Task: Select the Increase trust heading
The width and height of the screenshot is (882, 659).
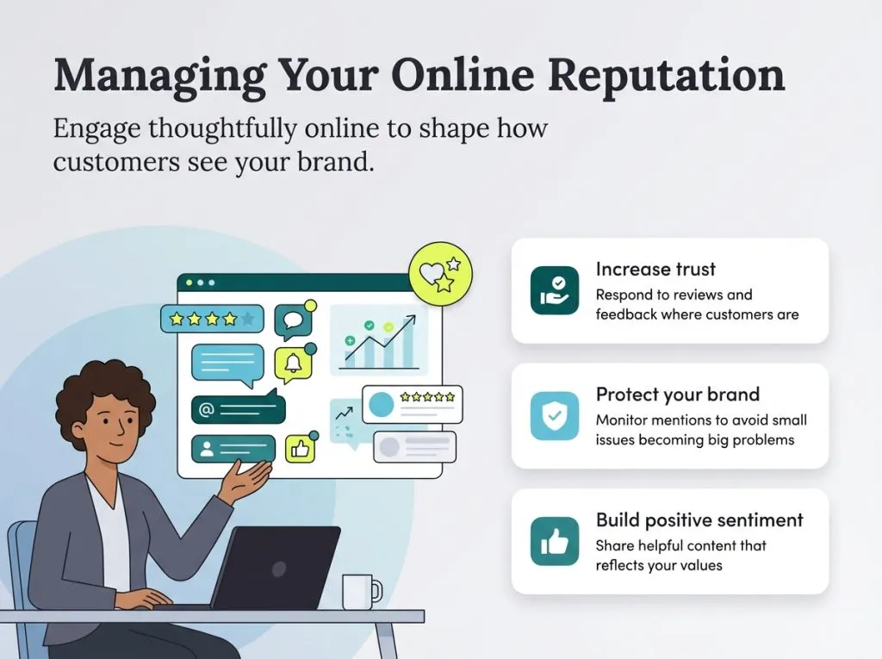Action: (655, 269)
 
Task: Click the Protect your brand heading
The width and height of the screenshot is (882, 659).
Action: (677, 395)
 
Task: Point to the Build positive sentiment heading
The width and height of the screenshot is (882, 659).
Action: (699, 520)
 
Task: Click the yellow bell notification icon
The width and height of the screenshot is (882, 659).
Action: (292, 365)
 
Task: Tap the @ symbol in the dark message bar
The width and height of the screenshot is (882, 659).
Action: (206, 410)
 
